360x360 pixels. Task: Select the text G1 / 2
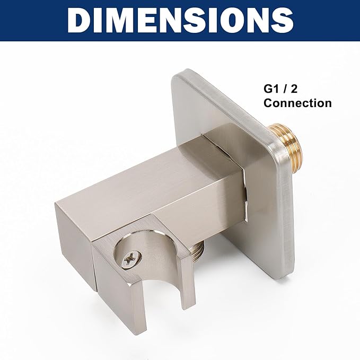pyautogui.click(x=280, y=89)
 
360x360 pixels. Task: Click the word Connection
pyautogui.click(x=297, y=103)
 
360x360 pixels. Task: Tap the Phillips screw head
pyautogui.click(x=131, y=260)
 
